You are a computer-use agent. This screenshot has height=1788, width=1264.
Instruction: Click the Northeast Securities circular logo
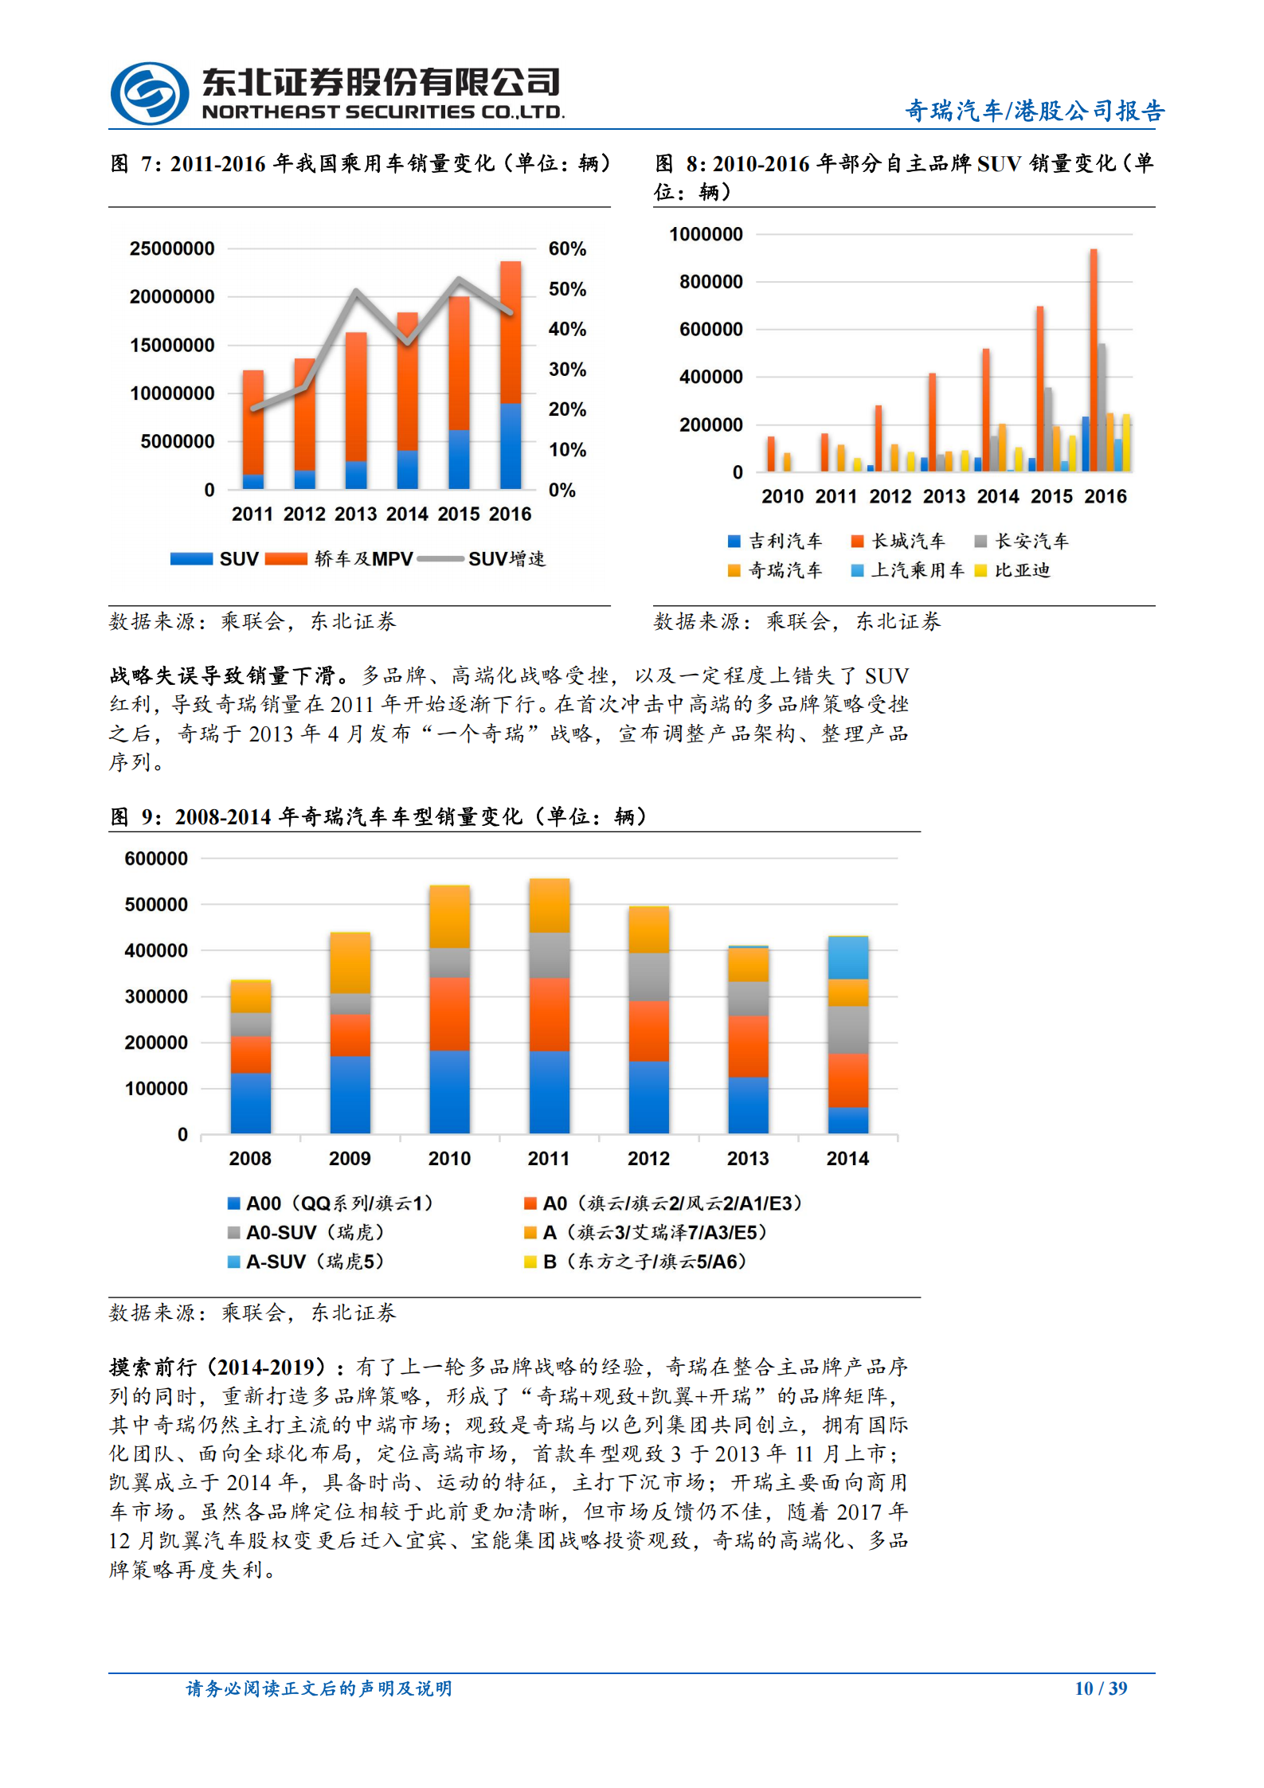tap(149, 93)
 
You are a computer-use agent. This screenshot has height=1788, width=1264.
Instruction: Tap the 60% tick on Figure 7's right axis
tap(566, 248)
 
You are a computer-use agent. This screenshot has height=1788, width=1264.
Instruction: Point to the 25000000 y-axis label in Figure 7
tap(172, 248)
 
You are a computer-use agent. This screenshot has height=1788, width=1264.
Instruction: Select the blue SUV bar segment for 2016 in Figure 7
tap(511, 445)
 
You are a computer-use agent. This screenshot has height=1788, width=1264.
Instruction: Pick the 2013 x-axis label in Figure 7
tap(355, 514)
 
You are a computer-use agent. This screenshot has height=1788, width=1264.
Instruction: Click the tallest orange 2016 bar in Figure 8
tap(1094, 358)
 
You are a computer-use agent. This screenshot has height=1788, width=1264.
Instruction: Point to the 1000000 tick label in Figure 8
tap(706, 234)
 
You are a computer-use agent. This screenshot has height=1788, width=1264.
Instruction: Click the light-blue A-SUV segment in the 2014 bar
tap(847, 958)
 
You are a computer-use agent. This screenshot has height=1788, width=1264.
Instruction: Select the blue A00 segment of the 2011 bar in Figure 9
tap(549, 1091)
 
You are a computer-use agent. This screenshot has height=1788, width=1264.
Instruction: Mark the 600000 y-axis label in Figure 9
tap(156, 859)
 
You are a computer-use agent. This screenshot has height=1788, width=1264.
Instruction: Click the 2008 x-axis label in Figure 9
tap(250, 1158)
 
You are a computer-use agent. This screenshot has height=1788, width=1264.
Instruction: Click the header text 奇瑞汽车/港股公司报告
tap(1034, 111)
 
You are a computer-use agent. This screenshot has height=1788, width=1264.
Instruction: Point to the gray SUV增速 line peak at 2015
tap(459, 279)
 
